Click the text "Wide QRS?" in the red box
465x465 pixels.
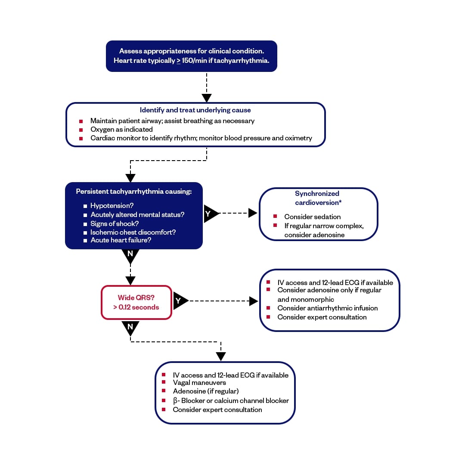coord(136,298)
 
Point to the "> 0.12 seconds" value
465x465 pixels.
coord(136,307)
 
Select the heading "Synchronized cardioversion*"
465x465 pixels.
coord(317,198)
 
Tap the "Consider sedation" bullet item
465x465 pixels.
coord(312,217)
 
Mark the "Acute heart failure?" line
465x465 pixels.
coord(121,240)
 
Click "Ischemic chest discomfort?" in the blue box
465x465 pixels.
coord(133,232)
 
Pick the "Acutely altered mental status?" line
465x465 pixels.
coord(137,214)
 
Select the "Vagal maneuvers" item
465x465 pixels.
coord(199,382)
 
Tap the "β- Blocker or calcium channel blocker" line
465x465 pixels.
coord(231,400)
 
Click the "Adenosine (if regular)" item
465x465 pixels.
coord(205,391)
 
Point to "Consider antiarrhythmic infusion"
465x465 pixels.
coord(327,308)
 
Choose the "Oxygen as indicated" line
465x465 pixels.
coord(121,129)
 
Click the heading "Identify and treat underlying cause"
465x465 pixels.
coord(195,110)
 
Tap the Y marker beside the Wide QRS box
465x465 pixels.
coord(179,301)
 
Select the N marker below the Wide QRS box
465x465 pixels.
coord(130,327)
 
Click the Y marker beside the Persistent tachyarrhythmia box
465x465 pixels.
coord(209,214)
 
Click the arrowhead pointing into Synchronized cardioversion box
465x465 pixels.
coord(253,213)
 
